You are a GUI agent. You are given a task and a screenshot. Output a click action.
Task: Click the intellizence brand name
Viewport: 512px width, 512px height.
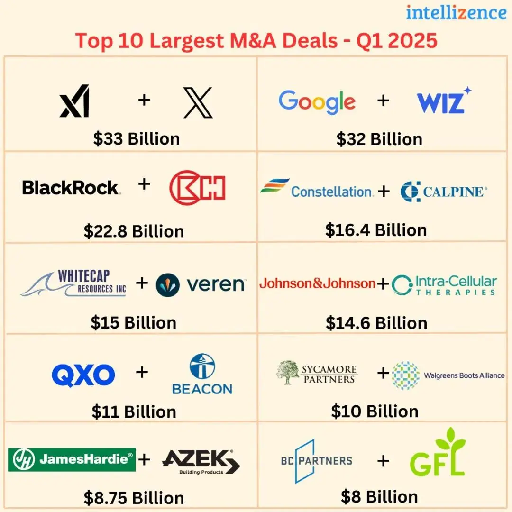click(x=456, y=13)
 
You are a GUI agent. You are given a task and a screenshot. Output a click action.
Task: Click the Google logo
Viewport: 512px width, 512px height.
click(x=317, y=101)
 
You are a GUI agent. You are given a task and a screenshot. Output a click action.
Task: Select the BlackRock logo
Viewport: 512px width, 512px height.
click(x=71, y=188)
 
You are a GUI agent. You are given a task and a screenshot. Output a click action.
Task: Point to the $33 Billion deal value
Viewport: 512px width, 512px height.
click(x=137, y=139)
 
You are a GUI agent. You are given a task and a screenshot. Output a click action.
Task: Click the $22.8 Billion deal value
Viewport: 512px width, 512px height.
click(x=134, y=231)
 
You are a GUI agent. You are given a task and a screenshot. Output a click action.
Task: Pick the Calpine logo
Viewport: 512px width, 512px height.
click(x=443, y=192)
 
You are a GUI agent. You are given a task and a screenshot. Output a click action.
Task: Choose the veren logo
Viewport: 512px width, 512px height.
click(x=201, y=284)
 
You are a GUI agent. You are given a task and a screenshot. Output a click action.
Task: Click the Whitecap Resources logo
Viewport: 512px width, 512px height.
click(x=73, y=283)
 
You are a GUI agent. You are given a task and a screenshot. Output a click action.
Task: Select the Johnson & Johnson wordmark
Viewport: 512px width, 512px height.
click(x=317, y=283)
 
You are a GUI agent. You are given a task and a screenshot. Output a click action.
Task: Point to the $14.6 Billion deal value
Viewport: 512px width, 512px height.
click(x=376, y=323)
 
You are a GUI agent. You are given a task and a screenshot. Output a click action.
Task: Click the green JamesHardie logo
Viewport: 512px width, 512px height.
click(x=72, y=459)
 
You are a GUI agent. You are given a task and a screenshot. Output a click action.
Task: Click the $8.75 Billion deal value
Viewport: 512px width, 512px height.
click(x=134, y=498)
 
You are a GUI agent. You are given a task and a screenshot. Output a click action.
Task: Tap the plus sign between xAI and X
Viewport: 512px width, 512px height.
click(x=144, y=100)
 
